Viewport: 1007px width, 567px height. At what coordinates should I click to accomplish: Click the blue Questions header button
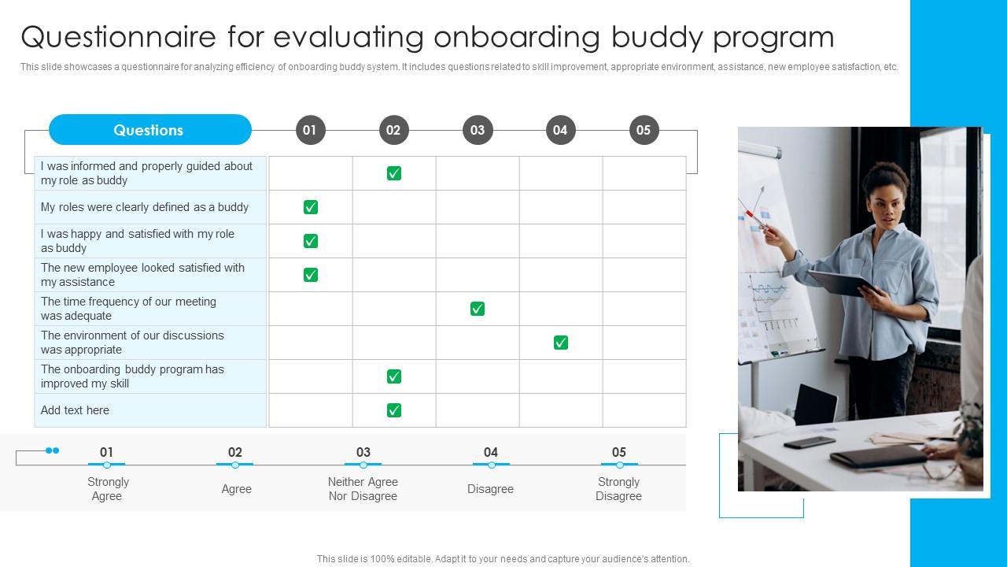pos(149,130)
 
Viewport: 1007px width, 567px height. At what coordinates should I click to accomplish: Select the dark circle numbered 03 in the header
pos(478,130)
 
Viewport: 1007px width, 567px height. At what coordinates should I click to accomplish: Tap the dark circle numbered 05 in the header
pos(644,130)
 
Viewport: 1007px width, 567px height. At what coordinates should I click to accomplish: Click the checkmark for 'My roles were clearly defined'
pos(311,207)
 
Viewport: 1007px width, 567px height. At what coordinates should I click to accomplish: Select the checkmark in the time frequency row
pos(478,309)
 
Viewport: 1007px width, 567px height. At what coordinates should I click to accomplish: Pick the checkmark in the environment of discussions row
pos(561,343)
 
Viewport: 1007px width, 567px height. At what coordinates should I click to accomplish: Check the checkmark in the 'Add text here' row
pos(394,410)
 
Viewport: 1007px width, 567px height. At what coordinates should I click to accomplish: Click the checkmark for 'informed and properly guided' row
pos(394,173)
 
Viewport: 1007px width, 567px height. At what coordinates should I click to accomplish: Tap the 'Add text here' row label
pos(76,410)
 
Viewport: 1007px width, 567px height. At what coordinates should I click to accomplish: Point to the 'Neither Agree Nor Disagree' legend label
pos(363,489)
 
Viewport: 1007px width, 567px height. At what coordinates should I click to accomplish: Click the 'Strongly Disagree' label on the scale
pos(618,489)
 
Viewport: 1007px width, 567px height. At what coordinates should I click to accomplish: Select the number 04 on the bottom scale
pos(491,452)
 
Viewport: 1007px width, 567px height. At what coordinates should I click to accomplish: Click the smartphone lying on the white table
pos(810,442)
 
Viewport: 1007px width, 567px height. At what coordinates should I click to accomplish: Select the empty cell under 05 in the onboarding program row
pos(644,376)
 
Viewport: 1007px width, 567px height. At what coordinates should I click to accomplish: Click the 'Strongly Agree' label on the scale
pos(108,489)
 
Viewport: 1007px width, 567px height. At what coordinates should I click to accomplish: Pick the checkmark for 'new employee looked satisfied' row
pos(311,275)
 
